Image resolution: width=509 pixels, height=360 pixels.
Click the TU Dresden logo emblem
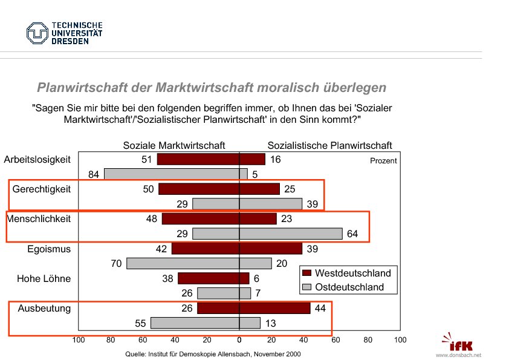36,33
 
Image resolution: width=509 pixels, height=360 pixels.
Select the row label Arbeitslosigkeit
37,160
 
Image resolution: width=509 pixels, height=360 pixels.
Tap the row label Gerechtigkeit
42,189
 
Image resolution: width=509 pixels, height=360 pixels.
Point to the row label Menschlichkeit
39,218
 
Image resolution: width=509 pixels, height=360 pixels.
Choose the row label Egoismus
49,249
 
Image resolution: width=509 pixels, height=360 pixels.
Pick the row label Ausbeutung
44,308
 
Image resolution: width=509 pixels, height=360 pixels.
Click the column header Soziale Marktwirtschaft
174,146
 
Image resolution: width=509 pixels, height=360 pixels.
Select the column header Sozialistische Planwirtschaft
329,146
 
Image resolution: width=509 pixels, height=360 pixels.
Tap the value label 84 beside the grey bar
94,175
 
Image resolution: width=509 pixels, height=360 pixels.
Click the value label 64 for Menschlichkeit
352,234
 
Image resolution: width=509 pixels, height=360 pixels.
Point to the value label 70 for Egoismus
116,264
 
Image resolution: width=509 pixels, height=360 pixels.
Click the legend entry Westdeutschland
353,273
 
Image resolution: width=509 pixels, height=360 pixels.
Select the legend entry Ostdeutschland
349,287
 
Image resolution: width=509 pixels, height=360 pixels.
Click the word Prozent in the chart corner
383,161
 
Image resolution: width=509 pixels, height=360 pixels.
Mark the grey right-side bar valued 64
291,234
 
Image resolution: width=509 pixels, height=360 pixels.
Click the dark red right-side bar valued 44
275,308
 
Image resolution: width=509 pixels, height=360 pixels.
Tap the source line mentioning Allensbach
212,353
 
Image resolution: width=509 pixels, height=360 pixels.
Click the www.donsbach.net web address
459,355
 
